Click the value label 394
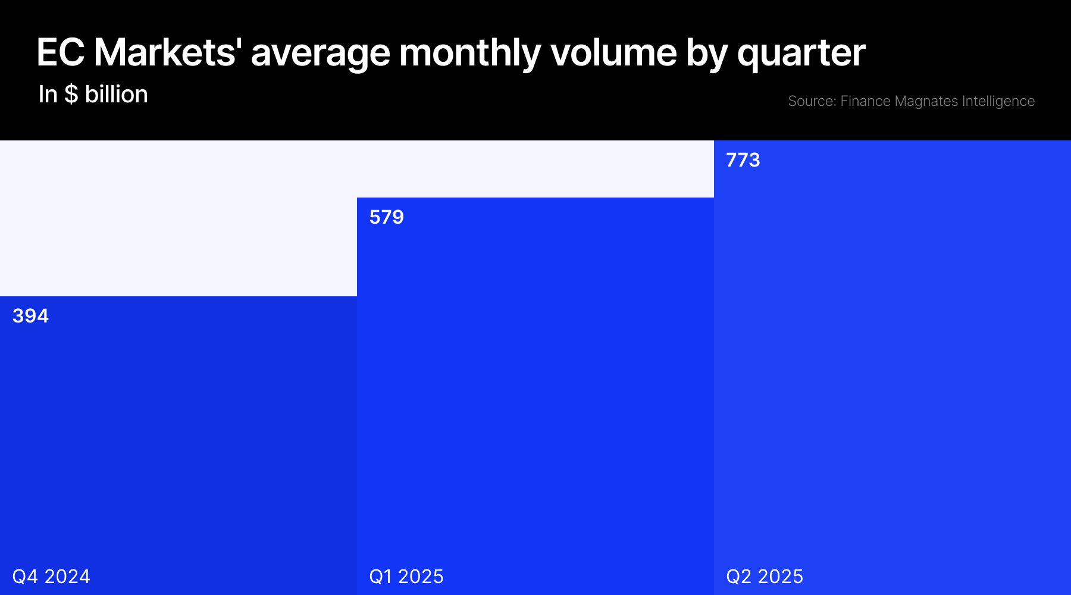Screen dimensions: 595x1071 click(30, 316)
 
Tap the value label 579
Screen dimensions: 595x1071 click(386, 217)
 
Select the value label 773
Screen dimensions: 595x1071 click(743, 160)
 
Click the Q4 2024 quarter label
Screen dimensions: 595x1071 click(51, 576)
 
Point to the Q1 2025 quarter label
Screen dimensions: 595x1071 click(406, 576)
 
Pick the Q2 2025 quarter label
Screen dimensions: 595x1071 click(765, 576)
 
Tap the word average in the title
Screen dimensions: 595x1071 click(321, 53)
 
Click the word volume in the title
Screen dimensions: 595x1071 click(613, 53)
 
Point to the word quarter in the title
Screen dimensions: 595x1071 click(801, 53)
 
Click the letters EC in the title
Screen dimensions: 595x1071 click(60, 53)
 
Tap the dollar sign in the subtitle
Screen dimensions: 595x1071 click(71, 94)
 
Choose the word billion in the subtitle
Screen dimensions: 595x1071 click(117, 94)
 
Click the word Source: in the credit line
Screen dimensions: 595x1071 click(812, 101)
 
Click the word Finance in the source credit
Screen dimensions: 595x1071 click(865, 101)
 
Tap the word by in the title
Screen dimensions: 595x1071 click(707, 53)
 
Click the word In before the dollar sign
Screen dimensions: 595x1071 click(48, 94)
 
